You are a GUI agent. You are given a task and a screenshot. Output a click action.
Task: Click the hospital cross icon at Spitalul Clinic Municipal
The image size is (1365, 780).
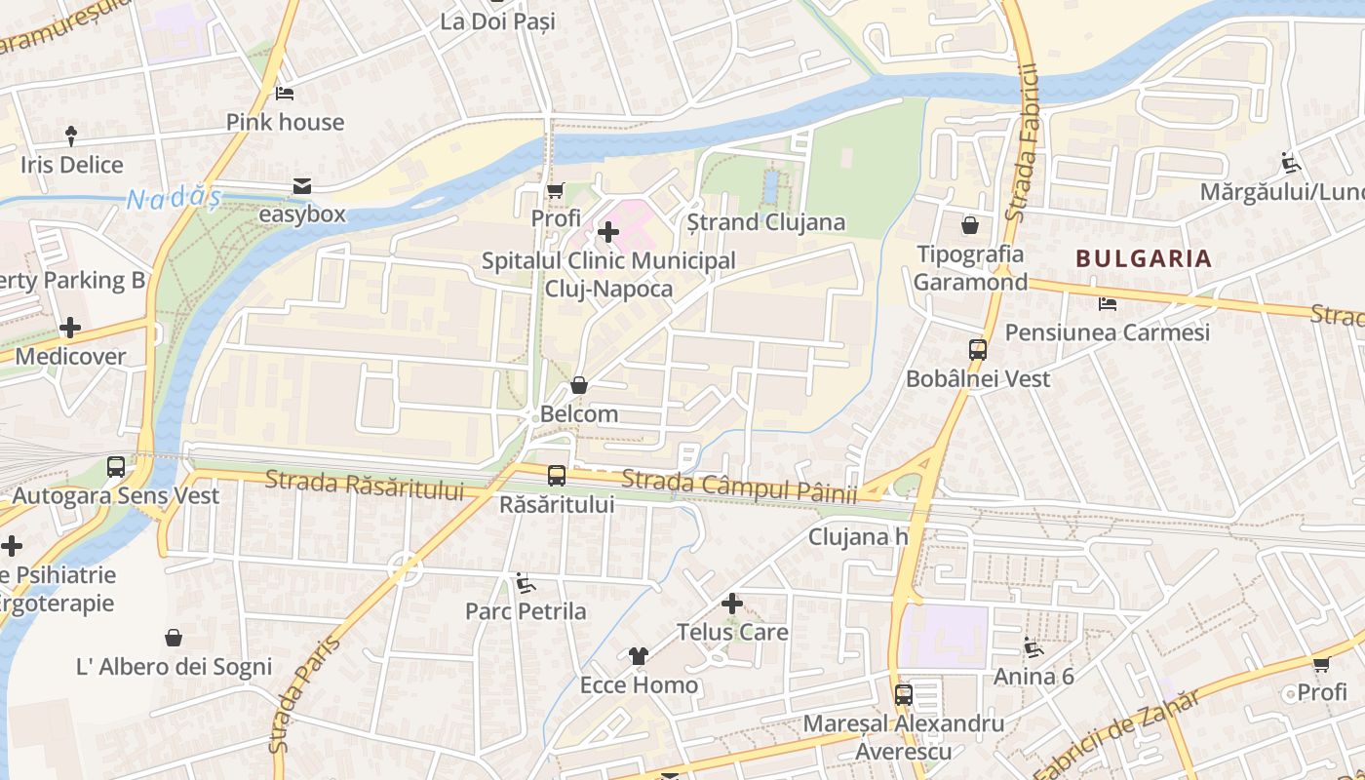tap(608, 232)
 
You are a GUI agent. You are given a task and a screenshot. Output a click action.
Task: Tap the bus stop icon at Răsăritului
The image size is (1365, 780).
tap(557, 476)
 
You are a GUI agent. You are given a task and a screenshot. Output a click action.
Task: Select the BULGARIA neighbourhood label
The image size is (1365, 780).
tap(1144, 258)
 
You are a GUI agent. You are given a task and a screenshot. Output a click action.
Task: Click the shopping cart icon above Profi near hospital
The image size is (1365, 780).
tap(555, 190)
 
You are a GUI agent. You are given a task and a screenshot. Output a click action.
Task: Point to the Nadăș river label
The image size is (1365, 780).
tap(173, 199)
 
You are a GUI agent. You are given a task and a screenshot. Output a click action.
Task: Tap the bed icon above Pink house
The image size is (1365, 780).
tap(285, 94)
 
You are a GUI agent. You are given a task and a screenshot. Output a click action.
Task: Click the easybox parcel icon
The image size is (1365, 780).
tap(302, 186)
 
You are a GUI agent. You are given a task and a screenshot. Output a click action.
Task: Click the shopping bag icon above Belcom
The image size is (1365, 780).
tap(579, 385)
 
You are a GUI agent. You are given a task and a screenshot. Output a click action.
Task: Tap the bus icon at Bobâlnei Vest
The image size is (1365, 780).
tap(978, 350)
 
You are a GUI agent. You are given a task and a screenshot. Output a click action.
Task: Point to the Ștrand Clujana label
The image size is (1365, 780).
tap(765, 222)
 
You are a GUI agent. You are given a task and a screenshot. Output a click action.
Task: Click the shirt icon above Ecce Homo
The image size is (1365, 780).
tap(639, 656)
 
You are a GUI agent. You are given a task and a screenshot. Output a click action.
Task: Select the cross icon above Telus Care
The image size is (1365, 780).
tap(732, 604)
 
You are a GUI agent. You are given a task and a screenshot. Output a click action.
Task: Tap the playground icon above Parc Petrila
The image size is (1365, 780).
tap(525, 583)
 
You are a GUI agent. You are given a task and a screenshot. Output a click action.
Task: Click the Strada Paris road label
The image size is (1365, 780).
tap(304, 694)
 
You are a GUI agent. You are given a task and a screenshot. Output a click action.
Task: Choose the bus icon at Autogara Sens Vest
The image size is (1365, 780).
tap(116, 467)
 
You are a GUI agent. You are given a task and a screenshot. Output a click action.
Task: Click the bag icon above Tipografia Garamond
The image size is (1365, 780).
tap(970, 226)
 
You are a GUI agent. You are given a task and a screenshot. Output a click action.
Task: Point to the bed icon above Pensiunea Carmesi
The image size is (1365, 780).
tap(1107, 304)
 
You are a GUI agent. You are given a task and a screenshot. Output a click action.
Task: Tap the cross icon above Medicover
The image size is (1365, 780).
tap(70, 328)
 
